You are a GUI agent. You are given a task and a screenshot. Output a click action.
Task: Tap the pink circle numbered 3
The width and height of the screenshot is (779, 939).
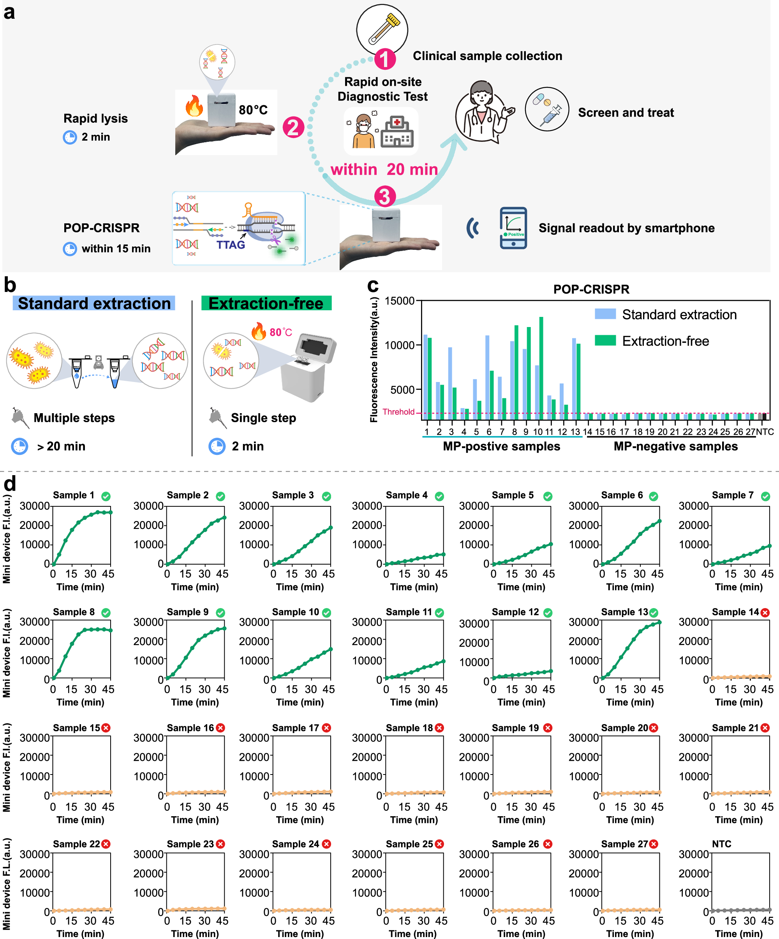pyautogui.click(x=385, y=197)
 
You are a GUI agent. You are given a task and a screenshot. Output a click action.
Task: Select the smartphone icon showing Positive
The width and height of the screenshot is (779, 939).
pyautogui.click(x=513, y=228)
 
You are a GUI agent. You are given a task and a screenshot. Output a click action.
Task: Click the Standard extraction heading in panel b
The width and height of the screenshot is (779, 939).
pyautogui.click(x=94, y=303)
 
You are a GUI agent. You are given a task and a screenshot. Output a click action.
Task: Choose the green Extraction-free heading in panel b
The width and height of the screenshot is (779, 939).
pyautogui.click(x=266, y=303)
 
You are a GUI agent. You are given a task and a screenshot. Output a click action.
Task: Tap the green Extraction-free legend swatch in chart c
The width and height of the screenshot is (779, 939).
pyautogui.click(x=605, y=341)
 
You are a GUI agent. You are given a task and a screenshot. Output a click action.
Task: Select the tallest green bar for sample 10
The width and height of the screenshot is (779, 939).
pyautogui.click(x=541, y=367)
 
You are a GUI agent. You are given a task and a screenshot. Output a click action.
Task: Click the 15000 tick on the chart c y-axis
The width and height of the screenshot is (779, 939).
pyautogui.click(x=400, y=301)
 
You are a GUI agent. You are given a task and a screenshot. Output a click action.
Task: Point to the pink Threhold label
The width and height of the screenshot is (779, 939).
pyautogui.click(x=398, y=412)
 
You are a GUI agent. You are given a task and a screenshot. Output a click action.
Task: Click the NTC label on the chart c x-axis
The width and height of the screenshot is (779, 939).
pyautogui.click(x=765, y=432)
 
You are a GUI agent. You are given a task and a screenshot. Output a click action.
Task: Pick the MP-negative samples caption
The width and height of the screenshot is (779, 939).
pyautogui.click(x=675, y=446)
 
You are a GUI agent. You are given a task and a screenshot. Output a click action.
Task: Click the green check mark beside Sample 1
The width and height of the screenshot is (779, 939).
pyautogui.click(x=106, y=496)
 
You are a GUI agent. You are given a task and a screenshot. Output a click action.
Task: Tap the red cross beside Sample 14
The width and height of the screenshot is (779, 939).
pyautogui.click(x=765, y=613)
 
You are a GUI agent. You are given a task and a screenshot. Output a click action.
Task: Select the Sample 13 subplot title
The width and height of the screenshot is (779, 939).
pyautogui.click(x=624, y=612)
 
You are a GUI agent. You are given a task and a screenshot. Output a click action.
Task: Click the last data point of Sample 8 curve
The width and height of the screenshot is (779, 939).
pyautogui.click(x=110, y=630)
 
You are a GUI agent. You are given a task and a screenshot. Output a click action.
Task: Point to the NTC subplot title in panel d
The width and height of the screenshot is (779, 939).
pyautogui.click(x=721, y=844)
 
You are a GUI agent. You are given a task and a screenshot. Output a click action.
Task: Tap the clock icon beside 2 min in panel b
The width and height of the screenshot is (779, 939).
pyautogui.click(x=217, y=446)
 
